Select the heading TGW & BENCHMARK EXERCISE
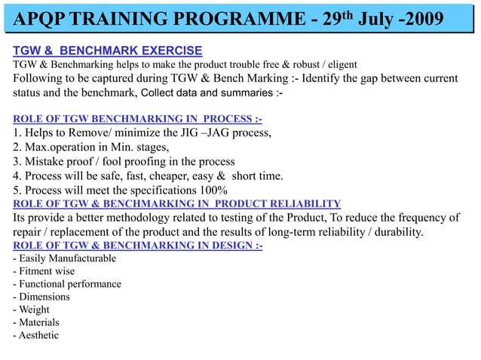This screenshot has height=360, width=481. [107, 50]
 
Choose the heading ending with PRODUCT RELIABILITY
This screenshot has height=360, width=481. [177, 203]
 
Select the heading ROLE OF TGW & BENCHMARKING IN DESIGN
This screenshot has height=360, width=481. [137, 246]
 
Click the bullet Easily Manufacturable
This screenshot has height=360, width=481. [65, 259]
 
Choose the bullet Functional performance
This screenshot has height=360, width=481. [67, 284]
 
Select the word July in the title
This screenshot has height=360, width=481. [377, 17]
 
